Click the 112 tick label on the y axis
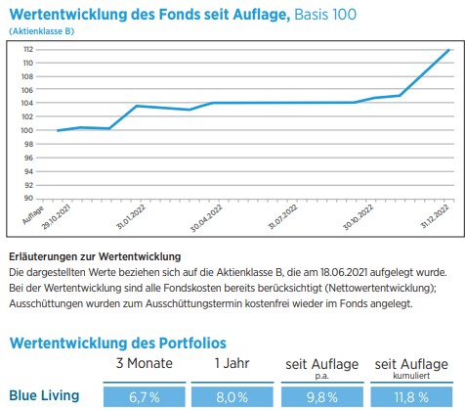click(x=28, y=49)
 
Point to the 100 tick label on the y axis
click(x=28, y=130)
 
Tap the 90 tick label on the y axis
click(x=28, y=198)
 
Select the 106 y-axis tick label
click(x=28, y=90)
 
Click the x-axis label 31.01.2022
click(x=131, y=217)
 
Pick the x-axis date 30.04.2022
click(x=206, y=218)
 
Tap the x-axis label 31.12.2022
click(x=435, y=216)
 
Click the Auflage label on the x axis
click(x=33, y=215)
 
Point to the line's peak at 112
click(x=449, y=50)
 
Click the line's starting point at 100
click(x=58, y=130)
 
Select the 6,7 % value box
click(x=145, y=397)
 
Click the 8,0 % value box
click(x=232, y=397)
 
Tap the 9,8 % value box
click(x=322, y=397)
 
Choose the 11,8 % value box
click(x=411, y=397)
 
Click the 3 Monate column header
click(x=145, y=363)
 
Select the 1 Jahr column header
click(x=232, y=363)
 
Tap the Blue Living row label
click(x=44, y=395)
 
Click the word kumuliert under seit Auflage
click(x=411, y=376)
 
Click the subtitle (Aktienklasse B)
click(x=42, y=31)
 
